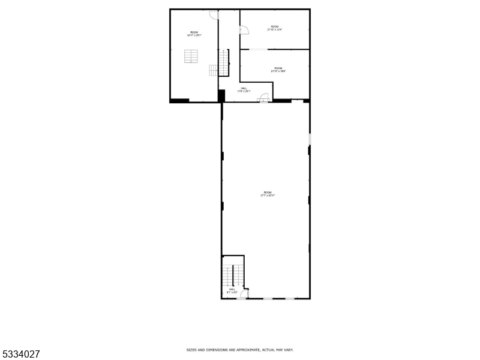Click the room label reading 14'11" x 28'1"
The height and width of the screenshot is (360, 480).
(194, 34)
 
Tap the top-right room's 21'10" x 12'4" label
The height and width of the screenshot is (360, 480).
(274, 28)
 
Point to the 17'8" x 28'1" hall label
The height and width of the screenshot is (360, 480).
(244, 89)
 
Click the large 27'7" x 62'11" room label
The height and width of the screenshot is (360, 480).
(267, 194)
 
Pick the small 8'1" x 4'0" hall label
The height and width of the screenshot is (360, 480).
(232, 291)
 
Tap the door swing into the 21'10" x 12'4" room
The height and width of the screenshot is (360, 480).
(244, 30)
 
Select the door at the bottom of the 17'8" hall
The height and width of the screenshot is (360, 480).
(264, 100)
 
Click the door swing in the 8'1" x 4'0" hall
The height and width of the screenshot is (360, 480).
(244, 293)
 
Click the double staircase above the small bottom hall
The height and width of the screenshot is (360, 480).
(233, 274)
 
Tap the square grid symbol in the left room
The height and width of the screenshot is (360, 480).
(191, 56)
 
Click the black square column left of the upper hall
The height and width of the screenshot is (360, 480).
(221, 95)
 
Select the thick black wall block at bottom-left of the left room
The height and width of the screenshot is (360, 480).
(179, 100)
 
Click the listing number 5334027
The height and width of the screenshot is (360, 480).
(21, 354)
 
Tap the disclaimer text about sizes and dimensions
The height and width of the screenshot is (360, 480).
(239, 349)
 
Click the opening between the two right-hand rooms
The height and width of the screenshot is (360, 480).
(259, 49)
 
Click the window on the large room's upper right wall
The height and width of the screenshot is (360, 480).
(310, 140)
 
